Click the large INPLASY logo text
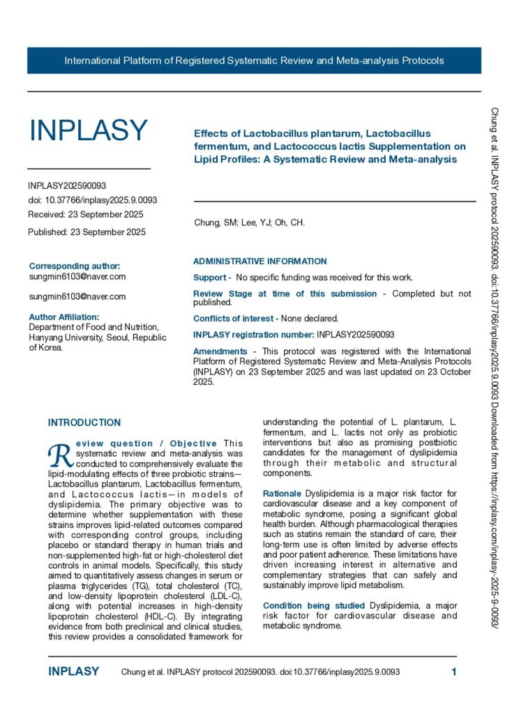point(88,130)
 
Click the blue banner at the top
point(254,61)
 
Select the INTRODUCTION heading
point(84,423)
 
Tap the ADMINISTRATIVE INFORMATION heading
point(259,261)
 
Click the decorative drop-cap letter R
point(56,455)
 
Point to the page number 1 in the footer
point(454,672)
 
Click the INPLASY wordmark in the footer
point(73,672)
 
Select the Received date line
point(86,214)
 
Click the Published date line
point(86,232)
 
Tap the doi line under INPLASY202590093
point(92,200)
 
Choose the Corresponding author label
point(75,266)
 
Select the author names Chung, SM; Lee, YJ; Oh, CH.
point(249,223)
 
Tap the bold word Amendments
point(220,351)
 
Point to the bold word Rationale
point(282,493)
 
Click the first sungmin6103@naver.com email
point(77,277)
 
